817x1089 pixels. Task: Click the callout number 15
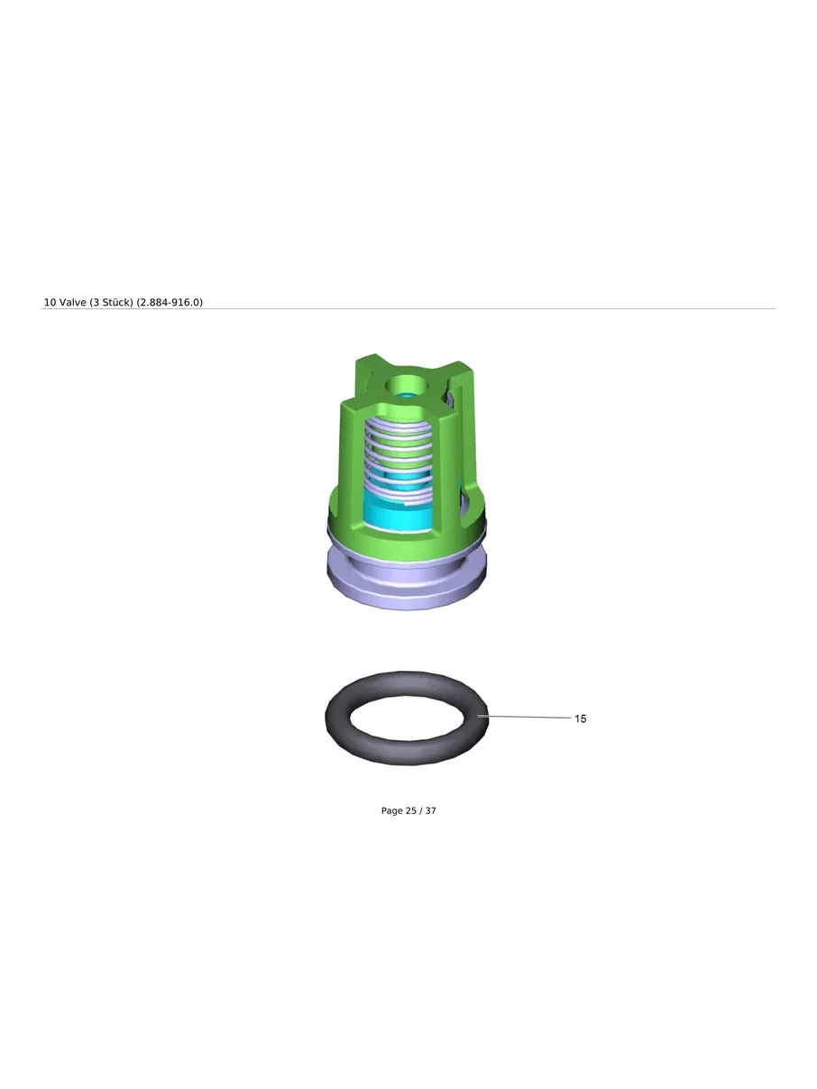click(580, 718)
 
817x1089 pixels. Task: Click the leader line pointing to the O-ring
click(524, 717)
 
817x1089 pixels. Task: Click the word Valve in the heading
click(72, 302)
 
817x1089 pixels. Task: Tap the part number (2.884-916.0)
click(170, 302)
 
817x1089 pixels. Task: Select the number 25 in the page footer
click(410, 810)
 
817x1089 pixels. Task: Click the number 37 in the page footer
click(430, 810)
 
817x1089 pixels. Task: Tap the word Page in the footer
click(391, 811)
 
